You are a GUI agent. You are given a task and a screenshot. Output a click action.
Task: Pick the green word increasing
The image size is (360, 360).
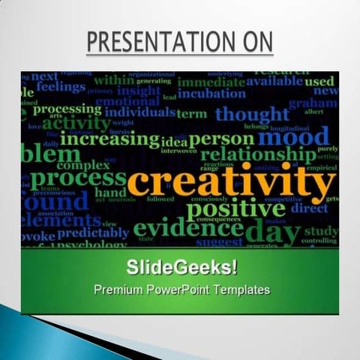pyautogui.click(x=109, y=139)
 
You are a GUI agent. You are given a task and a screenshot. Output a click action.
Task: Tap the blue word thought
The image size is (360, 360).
pyautogui.click(x=251, y=114)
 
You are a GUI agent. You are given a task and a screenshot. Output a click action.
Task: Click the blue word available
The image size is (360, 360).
pyautogui.click(x=274, y=81)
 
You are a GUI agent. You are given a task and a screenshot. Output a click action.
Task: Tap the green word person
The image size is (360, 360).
pyautogui.click(x=221, y=139)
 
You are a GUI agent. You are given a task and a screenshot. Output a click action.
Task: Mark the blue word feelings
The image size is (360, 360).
pyautogui.click(x=60, y=87)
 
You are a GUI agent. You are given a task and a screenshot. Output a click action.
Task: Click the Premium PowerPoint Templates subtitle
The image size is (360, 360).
pyautogui.click(x=181, y=289)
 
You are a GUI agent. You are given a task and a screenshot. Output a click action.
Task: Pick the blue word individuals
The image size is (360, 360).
pyautogui.click(x=139, y=112)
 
